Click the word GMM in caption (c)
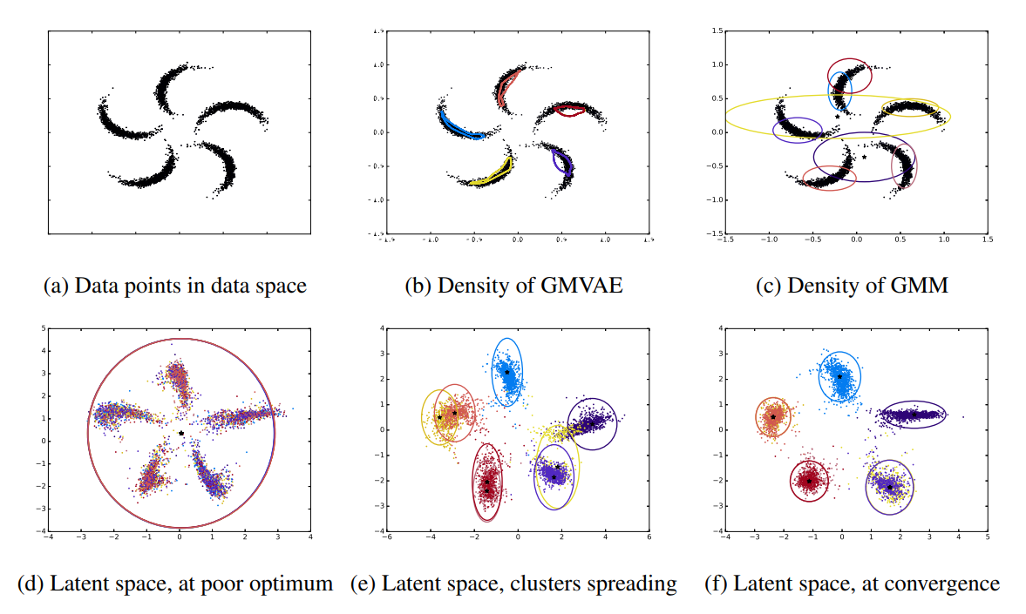[x=920, y=285]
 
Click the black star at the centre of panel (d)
[x=180, y=433]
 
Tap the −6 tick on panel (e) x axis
[x=386, y=537]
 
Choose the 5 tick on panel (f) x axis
[x=987, y=537]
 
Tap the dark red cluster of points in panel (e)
[x=487, y=482]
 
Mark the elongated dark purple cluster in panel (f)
[x=911, y=415]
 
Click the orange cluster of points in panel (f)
[x=772, y=416]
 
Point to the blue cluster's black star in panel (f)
[x=840, y=377]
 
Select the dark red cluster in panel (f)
[x=810, y=480]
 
